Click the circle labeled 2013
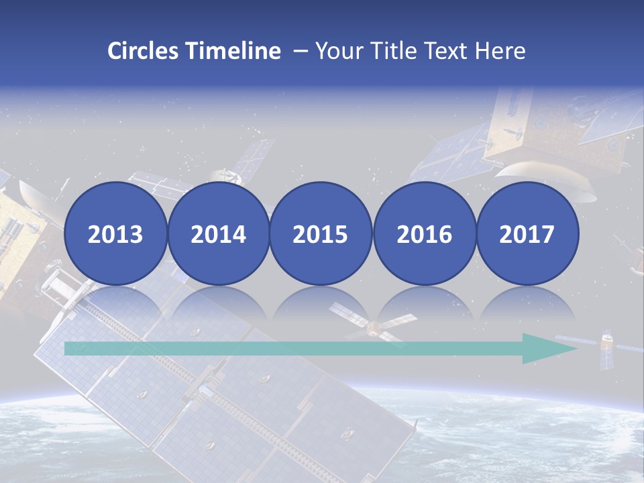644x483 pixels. click(115, 233)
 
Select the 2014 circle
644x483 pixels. click(218, 233)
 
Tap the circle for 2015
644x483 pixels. click(321, 233)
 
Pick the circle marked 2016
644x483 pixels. click(424, 233)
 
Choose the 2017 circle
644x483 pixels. click(527, 233)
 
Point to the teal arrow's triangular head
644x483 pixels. click(547, 348)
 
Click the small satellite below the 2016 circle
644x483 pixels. click(372, 327)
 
